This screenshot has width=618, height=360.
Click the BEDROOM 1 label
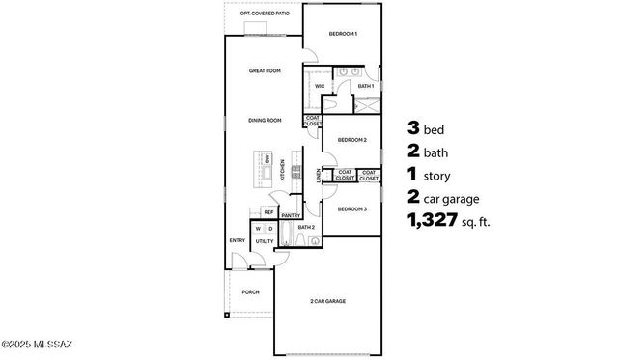click(343, 34)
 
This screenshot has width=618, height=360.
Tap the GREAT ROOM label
click(265, 71)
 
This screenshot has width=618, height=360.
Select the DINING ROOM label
click(265, 120)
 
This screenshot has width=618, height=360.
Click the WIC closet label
click(319, 86)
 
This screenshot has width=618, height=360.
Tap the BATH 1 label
click(365, 86)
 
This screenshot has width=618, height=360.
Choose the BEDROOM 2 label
click(351, 140)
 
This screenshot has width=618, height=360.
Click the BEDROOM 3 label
click(351, 208)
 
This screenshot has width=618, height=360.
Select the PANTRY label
click(292, 215)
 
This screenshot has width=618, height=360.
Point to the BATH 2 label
click(306, 228)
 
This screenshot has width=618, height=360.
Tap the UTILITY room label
click(264, 241)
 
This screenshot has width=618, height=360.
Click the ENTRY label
click(237, 239)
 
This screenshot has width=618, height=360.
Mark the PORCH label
click(250, 291)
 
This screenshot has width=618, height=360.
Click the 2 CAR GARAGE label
click(327, 301)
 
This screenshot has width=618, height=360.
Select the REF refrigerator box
click(269, 212)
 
